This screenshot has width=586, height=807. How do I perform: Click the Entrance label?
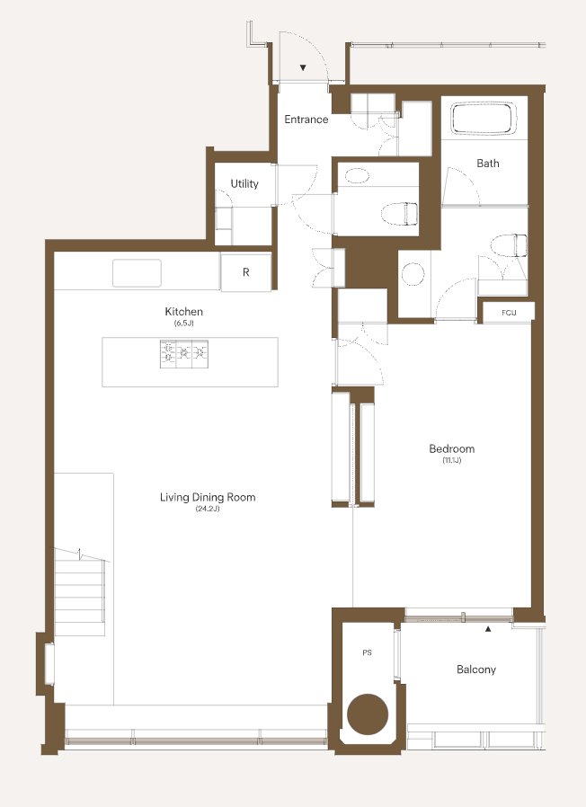pos(306,120)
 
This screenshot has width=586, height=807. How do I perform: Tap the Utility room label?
pos(244,183)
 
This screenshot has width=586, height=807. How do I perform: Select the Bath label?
pos(488,164)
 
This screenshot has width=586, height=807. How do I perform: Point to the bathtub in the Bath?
pos(484,119)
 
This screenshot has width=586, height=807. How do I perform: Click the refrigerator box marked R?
pos(246,272)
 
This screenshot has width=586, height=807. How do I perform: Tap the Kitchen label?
pos(184,311)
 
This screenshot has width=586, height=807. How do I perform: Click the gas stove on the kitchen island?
pos(184,354)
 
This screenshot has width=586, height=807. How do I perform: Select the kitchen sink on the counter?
pos(137,273)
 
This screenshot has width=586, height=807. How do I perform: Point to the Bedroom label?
pos(452,448)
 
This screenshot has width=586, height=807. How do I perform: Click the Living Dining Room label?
pos(208,497)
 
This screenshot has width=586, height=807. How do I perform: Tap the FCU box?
pos(509,313)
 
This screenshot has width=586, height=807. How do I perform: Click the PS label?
pos(368,652)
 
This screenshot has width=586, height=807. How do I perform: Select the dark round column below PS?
pos(368,714)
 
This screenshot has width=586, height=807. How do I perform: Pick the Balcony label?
pos(476,670)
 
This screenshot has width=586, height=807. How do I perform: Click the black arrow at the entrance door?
pos(303,67)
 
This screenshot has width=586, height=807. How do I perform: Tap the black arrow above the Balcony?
pos(488,628)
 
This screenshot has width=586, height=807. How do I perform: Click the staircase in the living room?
pos(80,590)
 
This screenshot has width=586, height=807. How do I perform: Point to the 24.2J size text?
pos(208,509)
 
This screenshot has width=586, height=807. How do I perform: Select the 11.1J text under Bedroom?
pos(452,460)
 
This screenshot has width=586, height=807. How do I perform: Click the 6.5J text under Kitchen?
pos(184,324)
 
